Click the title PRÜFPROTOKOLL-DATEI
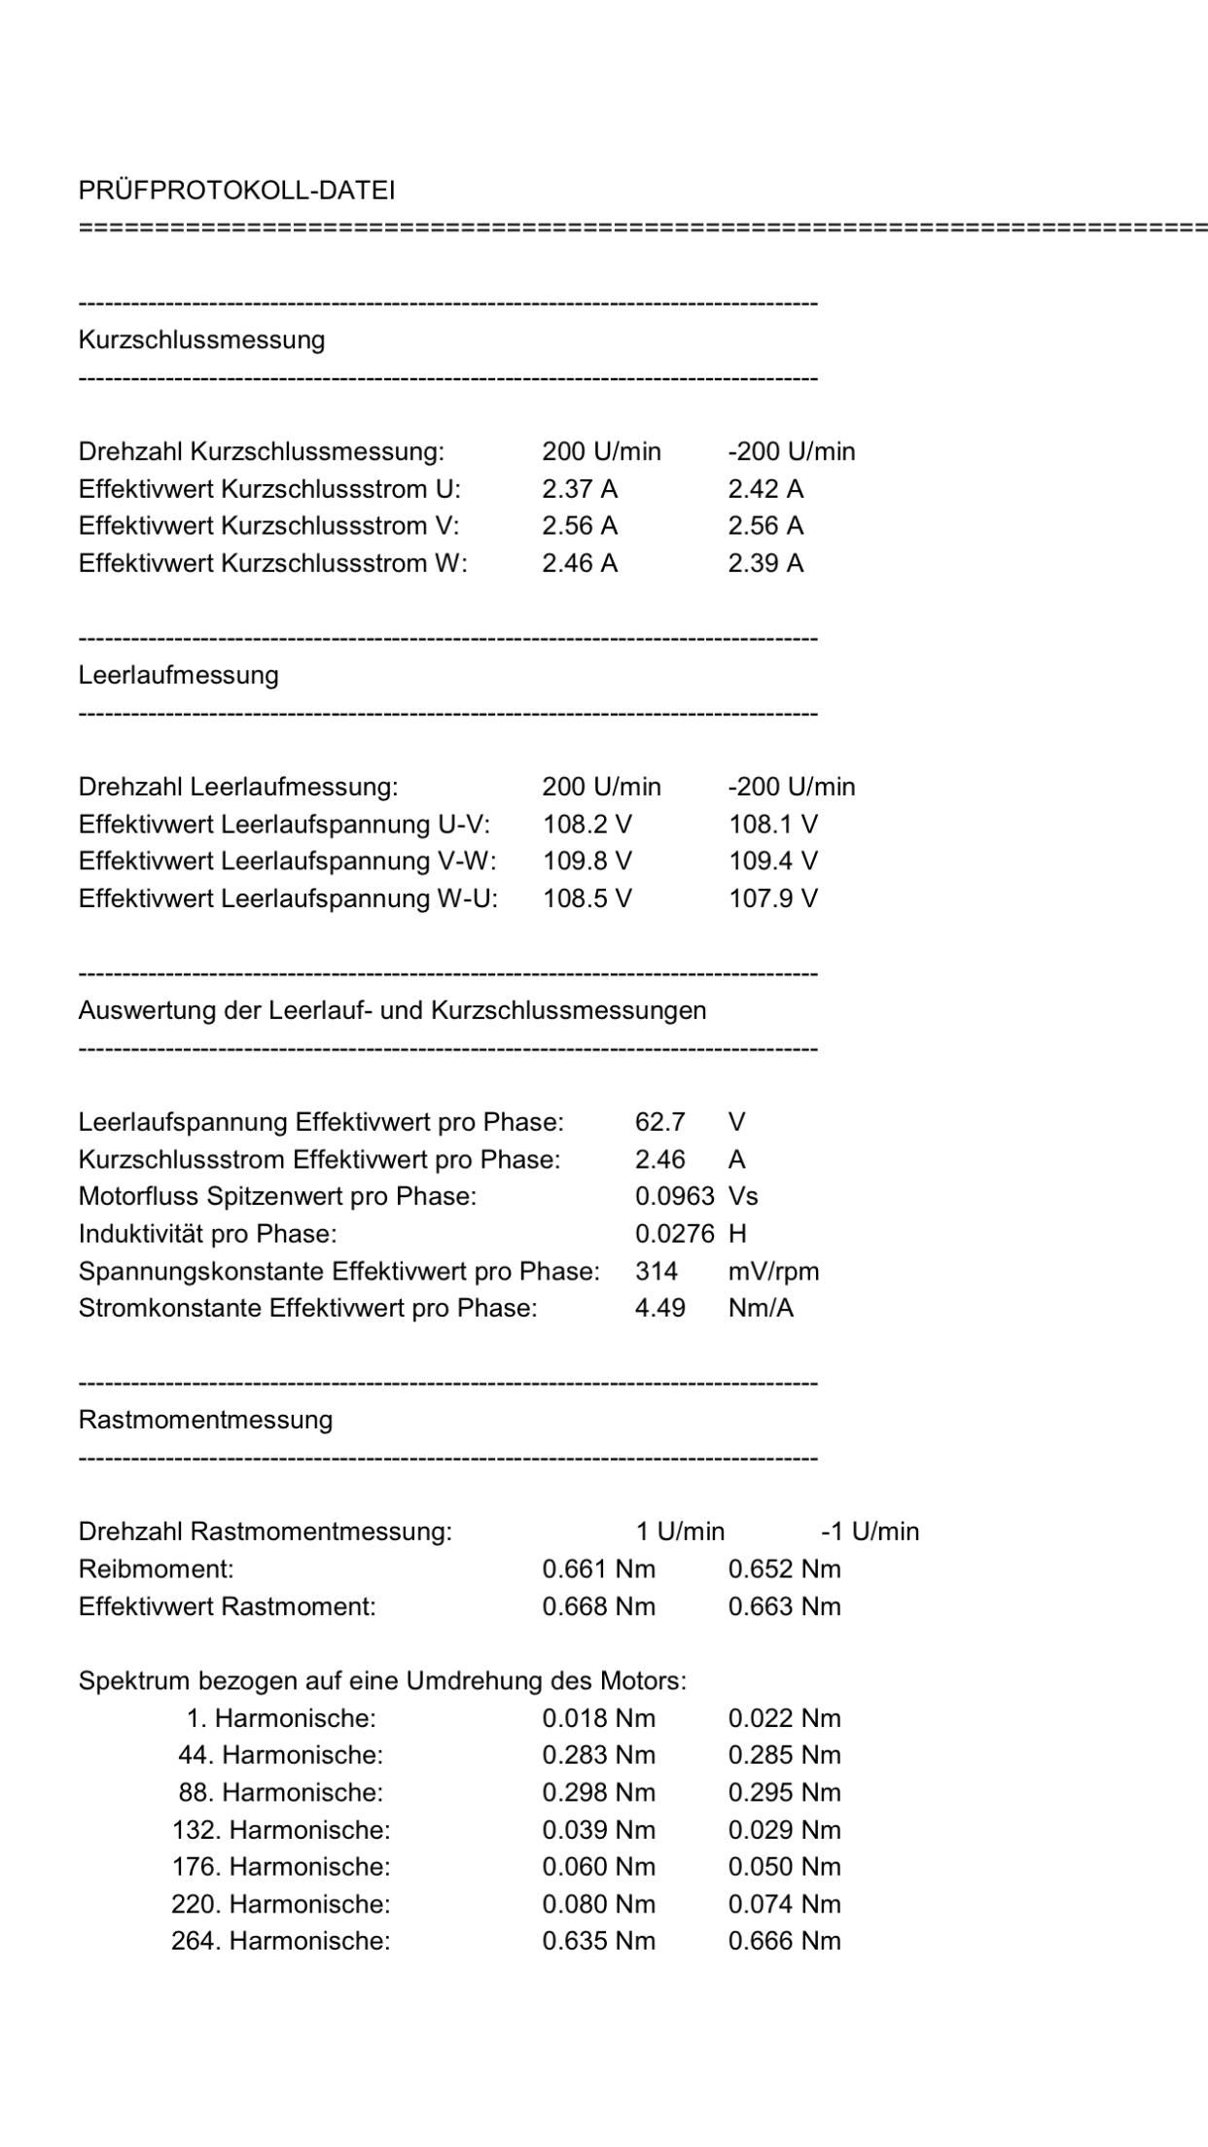(x=236, y=191)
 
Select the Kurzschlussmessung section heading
(x=201, y=340)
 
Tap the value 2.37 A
(x=580, y=489)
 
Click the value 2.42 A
(x=765, y=489)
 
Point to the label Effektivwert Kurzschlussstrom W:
(x=272, y=564)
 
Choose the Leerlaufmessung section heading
(x=178, y=676)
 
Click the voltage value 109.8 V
(x=587, y=862)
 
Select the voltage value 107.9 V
(x=773, y=898)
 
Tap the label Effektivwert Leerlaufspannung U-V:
(x=284, y=825)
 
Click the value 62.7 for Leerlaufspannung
(x=660, y=1123)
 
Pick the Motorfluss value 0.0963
(x=674, y=1197)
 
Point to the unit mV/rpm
(x=773, y=1272)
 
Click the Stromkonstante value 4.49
(x=660, y=1309)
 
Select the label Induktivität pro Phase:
(x=207, y=1235)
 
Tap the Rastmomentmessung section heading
(x=205, y=1421)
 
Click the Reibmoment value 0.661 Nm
(x=598, y=1569)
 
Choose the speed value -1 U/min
(x=870, y=1532)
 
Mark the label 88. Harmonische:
(x=280, y=1793)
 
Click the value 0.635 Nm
(x=598, y=1942)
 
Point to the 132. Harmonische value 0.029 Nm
(x=784, y=1830)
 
